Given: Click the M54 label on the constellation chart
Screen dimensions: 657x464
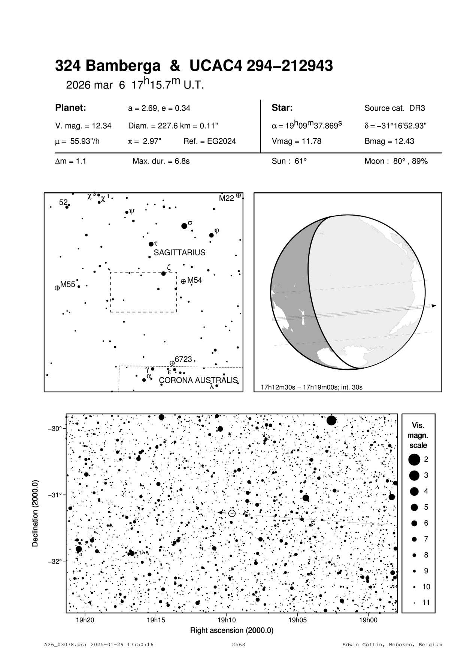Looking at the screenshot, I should coord(194,280).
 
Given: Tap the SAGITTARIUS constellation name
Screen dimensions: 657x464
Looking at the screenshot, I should coord(179,252).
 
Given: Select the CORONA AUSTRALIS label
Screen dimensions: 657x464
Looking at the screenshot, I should coord(198,380).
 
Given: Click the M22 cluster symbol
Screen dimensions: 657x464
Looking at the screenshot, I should coord(238,195).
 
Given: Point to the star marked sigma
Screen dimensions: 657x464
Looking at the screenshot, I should coord(184,226).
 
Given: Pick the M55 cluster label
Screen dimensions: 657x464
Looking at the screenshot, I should coord(68,285).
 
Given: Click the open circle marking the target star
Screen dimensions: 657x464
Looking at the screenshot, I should coord(232,513).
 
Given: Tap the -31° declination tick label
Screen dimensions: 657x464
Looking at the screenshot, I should coord(55,495).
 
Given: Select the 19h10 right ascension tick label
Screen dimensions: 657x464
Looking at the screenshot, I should coord(227,620).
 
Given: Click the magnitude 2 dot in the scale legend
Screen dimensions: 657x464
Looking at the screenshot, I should coord(414,459).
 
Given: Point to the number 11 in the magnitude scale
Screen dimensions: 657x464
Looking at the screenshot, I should coord(426,603).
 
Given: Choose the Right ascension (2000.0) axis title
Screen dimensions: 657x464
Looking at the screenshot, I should coord(232,630).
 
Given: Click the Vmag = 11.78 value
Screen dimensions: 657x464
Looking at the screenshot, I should coord(296,141).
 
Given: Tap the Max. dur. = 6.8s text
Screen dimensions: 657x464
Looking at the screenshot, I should coord(161,161).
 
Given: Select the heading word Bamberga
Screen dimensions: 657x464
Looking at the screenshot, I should coord(123,66).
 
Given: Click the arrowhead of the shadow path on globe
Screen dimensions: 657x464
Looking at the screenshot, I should coord(434,306).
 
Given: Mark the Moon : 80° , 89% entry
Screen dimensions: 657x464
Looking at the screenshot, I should coord(396,161).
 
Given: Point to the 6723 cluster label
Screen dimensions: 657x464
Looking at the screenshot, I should coord(183,359).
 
